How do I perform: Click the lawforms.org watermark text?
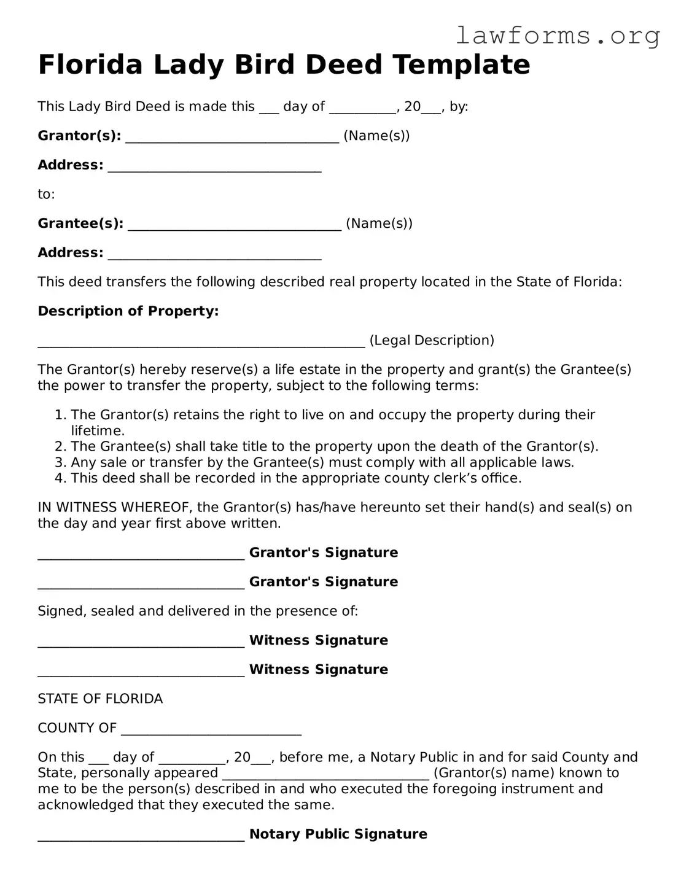pyautogui.click(x=558, y=36)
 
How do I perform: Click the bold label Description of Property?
pyautogui.click(x=128, y=311)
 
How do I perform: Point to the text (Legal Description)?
pyautogui.click(x=432, y=340)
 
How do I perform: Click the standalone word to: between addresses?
pyautogui.click(x=46, y=195)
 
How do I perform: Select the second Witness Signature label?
pyautogui.click(x=319, y=669)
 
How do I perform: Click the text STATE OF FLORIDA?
pyautogui.click(x=100, y=699)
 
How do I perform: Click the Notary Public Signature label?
pyautogui.click(x=338, y=834)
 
